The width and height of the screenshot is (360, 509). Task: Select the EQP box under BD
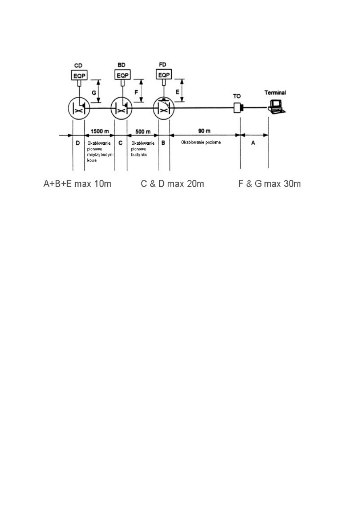click(x=121, y=75)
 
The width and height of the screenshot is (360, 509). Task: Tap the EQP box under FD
click(x=164, y=75)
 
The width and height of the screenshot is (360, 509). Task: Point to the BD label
click(x=121, y=66)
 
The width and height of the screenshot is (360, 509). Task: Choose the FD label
click(x=164, y=66)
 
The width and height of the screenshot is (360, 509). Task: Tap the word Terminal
click(x=275, y=92)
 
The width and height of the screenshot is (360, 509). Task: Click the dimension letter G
click(x=94, y=92)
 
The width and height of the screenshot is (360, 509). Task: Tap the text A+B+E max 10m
click(x=77, y=184)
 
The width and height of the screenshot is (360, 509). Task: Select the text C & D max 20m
click(x=172, y=184)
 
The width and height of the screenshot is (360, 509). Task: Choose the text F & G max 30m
click(x=269, y=184)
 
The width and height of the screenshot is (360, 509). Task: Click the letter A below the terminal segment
click(x=253, y=143)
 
